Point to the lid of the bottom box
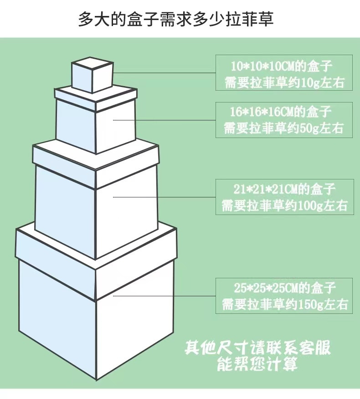pyautogui.click(x=96, y=248)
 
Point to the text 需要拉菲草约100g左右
pyautogui.click(x=284, y=205)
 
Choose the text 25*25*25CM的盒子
pyautogui.click(x=284, y=287)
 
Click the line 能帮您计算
pyautogui.click(x=257, y=364)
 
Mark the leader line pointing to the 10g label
pyautogui.click(x=164, y=72)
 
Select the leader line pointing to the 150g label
pyautogui.click(x=164, y=296)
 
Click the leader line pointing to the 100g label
pyautogui.click(x=164, y=197)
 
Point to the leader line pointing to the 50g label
pyautogui.click(x=164, y=119)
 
